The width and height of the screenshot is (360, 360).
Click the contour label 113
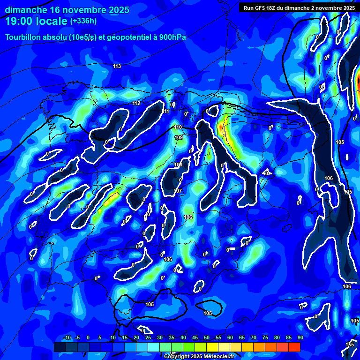coord(117,66)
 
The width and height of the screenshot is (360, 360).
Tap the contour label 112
coord(136,103)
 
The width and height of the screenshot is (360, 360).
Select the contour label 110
coord(178,127)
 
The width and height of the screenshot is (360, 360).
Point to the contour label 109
coord(178,137)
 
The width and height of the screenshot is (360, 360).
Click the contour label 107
coord(178,191)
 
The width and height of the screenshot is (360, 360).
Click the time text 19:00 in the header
coord(21,22)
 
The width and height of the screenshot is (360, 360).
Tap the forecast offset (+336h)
coord(83,21)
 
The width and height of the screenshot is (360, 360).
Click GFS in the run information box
coord(262,8)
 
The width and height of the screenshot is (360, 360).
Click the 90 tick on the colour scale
coord(300,337)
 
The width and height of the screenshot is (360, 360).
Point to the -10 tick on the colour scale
coord(67,337)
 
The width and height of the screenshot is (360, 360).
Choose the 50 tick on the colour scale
coord(207,337)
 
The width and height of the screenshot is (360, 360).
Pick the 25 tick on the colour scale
coord(148,337)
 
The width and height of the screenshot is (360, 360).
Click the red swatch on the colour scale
coord(294,347)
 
